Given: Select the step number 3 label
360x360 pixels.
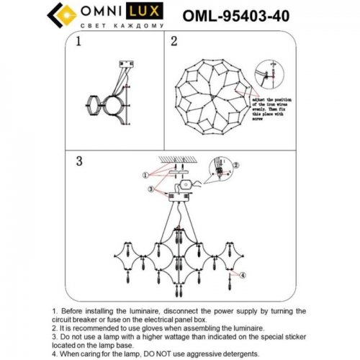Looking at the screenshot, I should pyautogui.click(x=80, y=161).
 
